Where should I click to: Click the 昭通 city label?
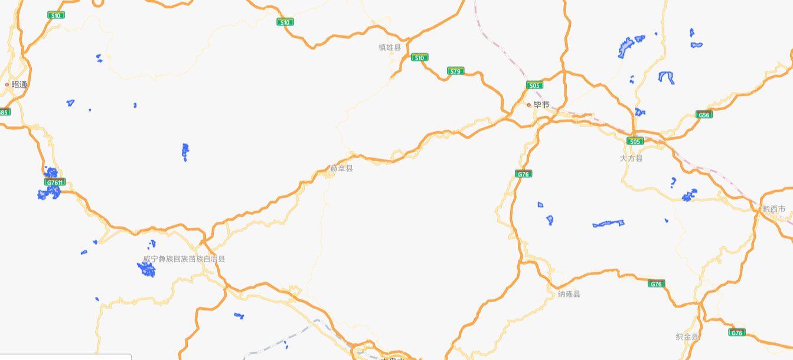(x=19, y=84)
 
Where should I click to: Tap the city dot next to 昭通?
(x=7, y=84)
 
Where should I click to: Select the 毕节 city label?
(x=541, y=104)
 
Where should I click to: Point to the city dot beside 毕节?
(x=529, y=104)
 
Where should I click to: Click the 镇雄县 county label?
(x=390, y=47)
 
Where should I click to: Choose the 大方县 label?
(x=631, y=158)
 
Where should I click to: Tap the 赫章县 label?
(x=341, y=168)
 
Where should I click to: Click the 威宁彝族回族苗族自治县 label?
(x=184, y=258)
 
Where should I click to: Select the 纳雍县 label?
(x=569, y=293)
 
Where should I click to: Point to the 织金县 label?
(x=687, y=336)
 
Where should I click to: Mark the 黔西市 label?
(x=774, y=208)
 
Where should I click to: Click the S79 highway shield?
(x=455, y=71)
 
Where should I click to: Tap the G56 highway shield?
(x=704, y=114)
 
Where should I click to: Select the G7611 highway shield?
(x=55, y=182)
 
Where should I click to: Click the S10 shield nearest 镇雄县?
(x=419, y=57)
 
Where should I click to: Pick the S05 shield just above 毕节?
(x=534, y=85)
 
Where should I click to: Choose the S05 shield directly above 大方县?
(x=635, y=141)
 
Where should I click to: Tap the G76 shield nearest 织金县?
(x=736, y=333)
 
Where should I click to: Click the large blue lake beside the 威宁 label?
(x=146, y=270)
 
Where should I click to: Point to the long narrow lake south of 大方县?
(x=608, y=224)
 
